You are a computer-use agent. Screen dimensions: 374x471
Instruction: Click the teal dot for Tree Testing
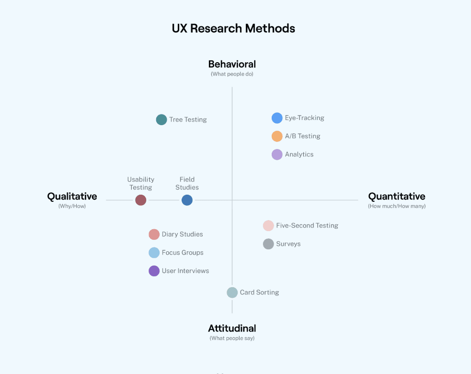[x=161, y=120]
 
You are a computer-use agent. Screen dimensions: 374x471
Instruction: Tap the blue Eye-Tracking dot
[x=277, y=118]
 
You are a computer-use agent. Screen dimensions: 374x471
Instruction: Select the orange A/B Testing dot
[x=277, y=136]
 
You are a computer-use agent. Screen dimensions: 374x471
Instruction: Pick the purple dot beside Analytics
[x=277, y=154]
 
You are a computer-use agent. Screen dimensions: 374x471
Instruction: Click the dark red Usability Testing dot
[x=140, y=200]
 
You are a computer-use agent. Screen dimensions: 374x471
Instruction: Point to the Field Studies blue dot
[x=187, y=200]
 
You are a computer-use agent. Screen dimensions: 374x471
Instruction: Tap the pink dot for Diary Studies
[x=154, y=234]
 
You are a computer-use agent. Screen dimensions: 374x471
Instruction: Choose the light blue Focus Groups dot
[x=154, y=253]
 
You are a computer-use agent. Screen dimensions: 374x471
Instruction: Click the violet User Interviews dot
[x=154, y=271]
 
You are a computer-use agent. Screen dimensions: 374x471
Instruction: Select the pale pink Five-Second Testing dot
[x=268, y=226]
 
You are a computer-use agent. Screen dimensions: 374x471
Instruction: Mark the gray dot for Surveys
[x=268, y=244]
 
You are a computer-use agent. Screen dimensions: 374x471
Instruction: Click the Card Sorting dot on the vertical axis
[x=232, y=292]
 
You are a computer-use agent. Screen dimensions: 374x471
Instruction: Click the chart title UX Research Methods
[x=233, y=28]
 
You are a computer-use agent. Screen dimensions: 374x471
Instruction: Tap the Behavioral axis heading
[x=232, y=64]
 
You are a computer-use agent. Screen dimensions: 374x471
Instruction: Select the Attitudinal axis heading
[x=232, y=328]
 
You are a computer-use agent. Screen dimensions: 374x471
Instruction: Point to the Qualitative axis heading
[x=72, y=197]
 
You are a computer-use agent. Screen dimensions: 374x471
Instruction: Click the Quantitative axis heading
[x=396, y=197]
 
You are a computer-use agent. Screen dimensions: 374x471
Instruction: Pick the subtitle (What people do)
[x=232, y=74]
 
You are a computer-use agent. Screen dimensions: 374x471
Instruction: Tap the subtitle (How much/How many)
[x=397, y=206]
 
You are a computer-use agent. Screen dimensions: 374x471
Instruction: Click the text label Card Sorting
[x=259, y=292]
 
